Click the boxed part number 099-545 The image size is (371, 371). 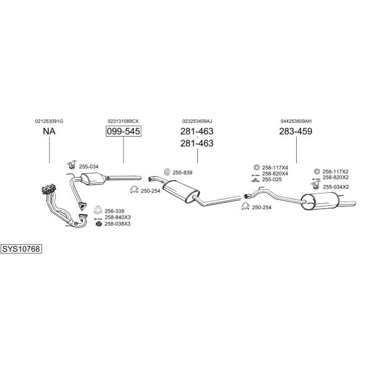tap(123, 131)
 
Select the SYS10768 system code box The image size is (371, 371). tap(21, 249)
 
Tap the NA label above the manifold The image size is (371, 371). tap(49, 131)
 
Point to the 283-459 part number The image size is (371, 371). tap(296, 131)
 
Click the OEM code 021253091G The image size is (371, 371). tap(49, 121)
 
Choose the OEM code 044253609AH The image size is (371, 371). tap(296, 121)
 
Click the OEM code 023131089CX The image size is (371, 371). tap(123, 121)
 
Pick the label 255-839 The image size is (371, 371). tap(182, 173)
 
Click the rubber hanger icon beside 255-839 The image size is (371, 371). tap(168, 172)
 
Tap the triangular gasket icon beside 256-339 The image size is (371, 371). tap(97, 210)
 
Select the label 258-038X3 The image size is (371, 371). tap(117, 224)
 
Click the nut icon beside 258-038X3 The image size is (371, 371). tap(98, 224)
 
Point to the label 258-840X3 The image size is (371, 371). tap(117, 217)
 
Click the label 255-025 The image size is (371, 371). tap(272, 179)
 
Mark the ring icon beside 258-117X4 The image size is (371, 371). tap(256, 168)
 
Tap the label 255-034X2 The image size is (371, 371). tap(336, 187)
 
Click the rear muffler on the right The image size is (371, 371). tap(320, 201)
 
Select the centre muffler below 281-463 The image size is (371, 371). tap(181, 191)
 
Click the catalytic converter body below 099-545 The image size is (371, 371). tap(93, 179)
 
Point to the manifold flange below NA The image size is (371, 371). tap(48, 189)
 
